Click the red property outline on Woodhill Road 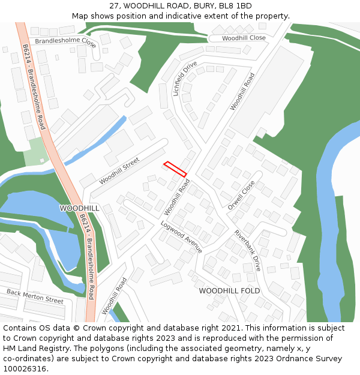175,169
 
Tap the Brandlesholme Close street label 65,43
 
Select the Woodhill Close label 244,38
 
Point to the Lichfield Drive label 185,79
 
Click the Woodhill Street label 119,170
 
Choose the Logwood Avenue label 181,236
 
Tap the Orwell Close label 241,195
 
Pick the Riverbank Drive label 248,251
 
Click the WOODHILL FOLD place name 230,290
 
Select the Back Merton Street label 35,296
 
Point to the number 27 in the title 114,6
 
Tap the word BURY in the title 202,6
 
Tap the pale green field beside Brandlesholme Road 36,151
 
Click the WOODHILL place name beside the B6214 80,208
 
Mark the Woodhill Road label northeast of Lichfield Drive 242,91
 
